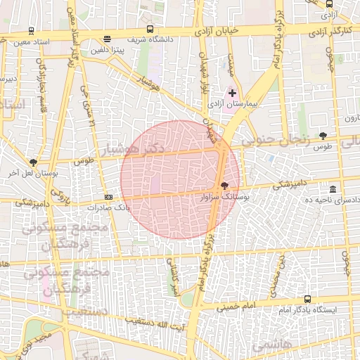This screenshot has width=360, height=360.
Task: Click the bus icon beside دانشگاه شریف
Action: [x=150, y=30]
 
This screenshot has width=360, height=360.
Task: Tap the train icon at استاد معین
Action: [x=31, y=31]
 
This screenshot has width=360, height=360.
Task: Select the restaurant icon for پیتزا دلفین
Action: [x=106, y=39]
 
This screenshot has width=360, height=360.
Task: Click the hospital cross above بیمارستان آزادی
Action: [x=233, y=93]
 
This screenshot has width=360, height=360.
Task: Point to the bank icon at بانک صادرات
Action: [x=108, y=198]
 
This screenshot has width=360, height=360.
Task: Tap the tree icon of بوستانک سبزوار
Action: [x=224, y=186]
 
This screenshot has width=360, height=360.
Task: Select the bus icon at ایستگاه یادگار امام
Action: [x=307, y=299]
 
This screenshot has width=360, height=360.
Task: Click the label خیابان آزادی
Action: [x=226, y=30]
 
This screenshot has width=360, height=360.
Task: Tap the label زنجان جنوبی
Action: [x=275, y=140]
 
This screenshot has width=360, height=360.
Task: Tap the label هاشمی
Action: [x=265, y=344]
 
